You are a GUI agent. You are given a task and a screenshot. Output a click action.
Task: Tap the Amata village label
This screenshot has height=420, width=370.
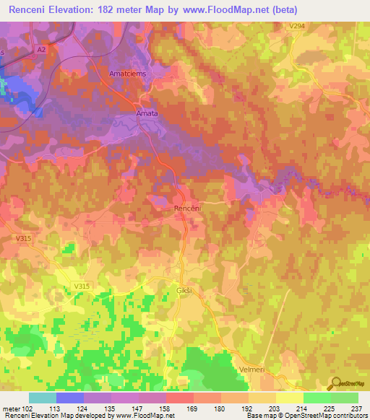(x=147, y=113)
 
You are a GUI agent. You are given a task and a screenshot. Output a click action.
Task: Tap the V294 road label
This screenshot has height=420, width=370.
(x=296, y=26)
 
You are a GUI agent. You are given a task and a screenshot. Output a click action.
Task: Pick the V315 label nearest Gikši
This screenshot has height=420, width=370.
(x=82, y=286)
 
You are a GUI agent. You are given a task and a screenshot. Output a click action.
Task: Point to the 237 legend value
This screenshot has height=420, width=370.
(x=356, y=408)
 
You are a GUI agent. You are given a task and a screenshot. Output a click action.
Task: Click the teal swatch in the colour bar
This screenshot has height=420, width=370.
(x=43, y=398)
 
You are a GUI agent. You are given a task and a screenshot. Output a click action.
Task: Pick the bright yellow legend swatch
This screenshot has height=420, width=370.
(x=289, y=398)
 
